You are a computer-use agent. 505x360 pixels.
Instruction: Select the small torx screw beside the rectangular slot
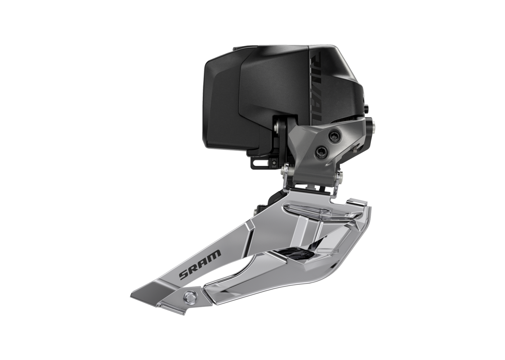275,161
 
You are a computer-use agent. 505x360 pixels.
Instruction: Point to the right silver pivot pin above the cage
339,177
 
